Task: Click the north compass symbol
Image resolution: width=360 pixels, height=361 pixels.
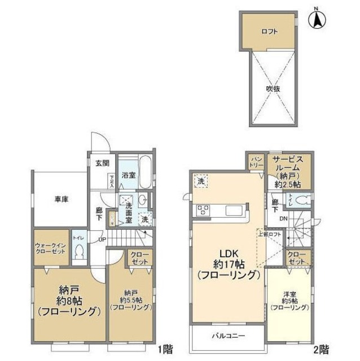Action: [317, 20]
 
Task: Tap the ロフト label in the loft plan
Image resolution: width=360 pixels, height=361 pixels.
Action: [269, 32]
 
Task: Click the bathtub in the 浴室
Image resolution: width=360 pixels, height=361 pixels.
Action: [144, 173]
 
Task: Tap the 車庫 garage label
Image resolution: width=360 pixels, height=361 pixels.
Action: [62, 199]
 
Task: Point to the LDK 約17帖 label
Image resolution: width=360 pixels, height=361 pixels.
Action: [227, 265]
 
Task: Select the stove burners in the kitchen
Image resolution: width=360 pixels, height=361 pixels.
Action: [203, 210]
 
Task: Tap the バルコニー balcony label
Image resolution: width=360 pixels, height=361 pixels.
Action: [228, 336]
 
